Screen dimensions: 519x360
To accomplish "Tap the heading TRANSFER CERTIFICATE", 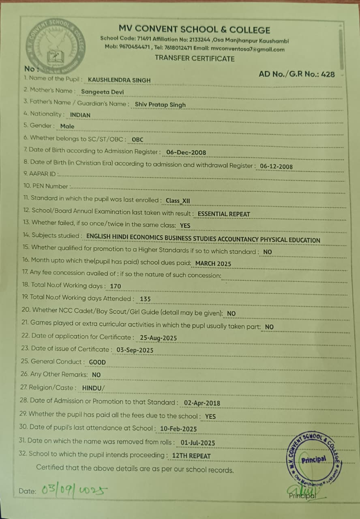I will pyautogui.click(x=195, y=58).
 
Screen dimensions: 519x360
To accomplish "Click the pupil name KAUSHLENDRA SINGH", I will pyautogui.click(x=119, y=80).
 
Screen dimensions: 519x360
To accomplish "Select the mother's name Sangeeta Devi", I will pyautogui.click(x=103, y=92).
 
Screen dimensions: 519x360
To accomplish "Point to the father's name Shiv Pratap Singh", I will pyautogui.click(x=160, y=105).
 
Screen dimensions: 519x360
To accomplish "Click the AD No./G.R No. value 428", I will pyautogui.click(x=328, y=74).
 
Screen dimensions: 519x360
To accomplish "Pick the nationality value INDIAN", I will pyautogui.click(x=80, y=115).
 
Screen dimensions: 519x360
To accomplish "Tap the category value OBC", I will pyautogui.click(x=137, y=139).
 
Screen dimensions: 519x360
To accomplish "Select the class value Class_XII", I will pyautogui.click(x=178, y=201).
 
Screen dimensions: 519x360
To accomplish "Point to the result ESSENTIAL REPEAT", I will pyautogui.click(x=224, y=214).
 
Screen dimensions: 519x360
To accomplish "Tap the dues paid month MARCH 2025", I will pyautogui.click(x=213, y=264).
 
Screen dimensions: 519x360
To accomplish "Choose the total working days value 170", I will pyautogui.click(x=116, y=286).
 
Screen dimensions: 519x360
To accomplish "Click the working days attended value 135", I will pyautogui.click(x=145, y=299).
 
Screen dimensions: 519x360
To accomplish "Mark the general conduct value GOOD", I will pyautogui.click(x=97, y=362).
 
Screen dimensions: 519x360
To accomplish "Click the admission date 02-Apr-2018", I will pyautogui.click(x=202, y=403).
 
